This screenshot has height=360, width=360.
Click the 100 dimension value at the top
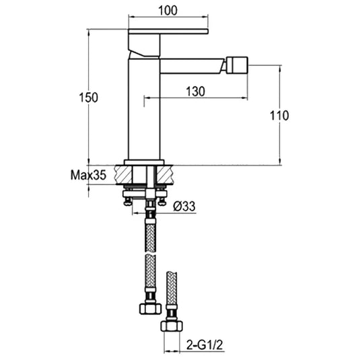[168, 10]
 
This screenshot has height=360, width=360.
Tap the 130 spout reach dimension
[196, 93]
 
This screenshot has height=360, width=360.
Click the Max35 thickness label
[88, 176]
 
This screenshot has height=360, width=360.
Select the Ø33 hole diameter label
[184, 207]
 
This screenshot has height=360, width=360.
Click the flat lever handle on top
[168, 32]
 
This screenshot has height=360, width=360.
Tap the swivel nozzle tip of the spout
[238, 65]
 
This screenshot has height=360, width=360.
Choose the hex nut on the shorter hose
[171, 326]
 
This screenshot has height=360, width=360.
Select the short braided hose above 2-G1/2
[171, 289]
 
